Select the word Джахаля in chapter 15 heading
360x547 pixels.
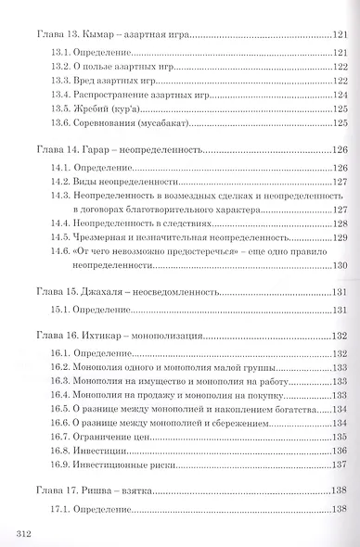(x=106, y=288)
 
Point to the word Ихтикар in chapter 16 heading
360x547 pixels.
(x=106, y=336)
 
